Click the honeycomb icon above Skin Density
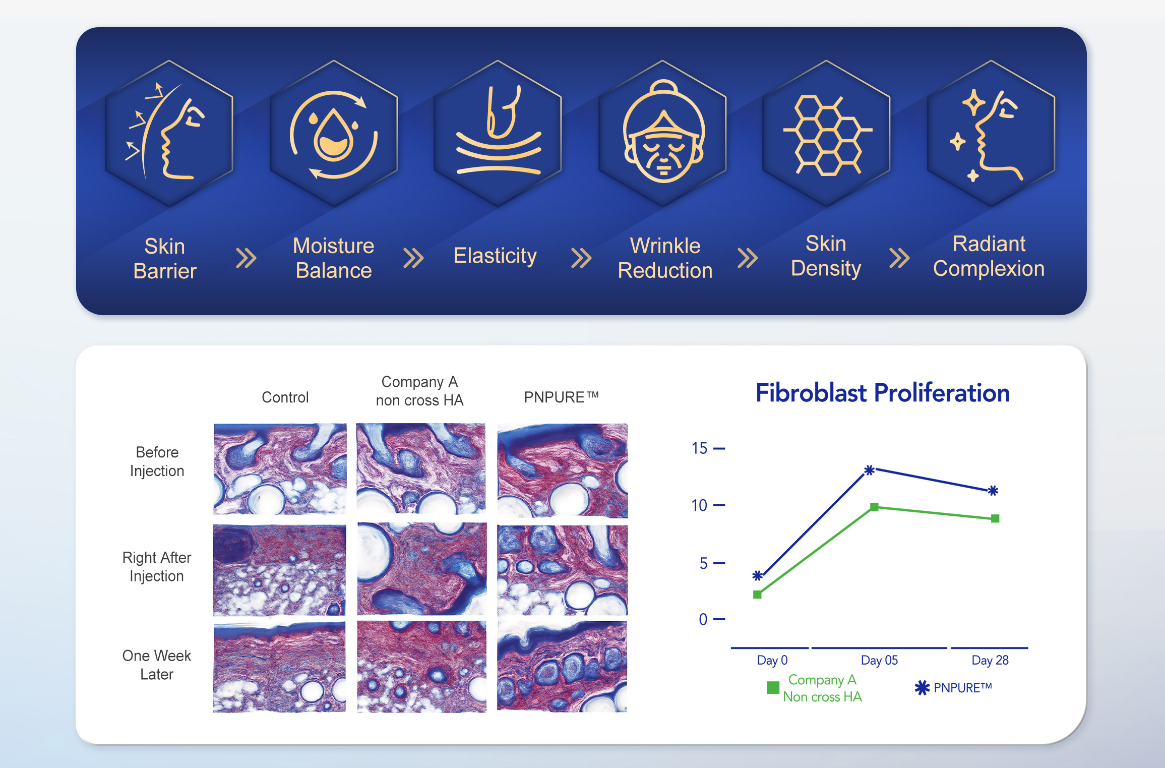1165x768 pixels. pyautogui.click(x=827, y=135)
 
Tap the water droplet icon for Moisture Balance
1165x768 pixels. pyautogui.click(x=333, y=135)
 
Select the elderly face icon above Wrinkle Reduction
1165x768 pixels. pyautogui.click(x=663, y=131)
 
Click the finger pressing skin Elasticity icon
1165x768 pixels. pyautogui.click(x=498, y=130)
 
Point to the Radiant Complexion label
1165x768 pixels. pyautogui.click(x=989, y=256)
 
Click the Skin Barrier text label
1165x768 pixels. pyautogui.click(x=165, y=259)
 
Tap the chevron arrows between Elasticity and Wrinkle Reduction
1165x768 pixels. pyautogui.click(x=581, y=258)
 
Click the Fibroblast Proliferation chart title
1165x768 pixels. pyautogui.click(x=883, y=393)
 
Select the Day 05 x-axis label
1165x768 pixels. pyautogui.click(x=879, y=660)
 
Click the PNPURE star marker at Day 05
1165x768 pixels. pyautogui.click(x=870, y=470)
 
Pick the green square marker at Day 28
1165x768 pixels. pyautogui.click(x=995, y=518)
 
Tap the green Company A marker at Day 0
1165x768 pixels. pyautogui.click(x=757, y=595)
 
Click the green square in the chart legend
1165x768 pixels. pyautogui.click(x=773, y=688)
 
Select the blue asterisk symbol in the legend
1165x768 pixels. pyautogui.click(x=922, y=688)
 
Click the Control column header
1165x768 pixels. pyautogui.click(x=285, y=397)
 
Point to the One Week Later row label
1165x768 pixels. pyautogui.click(x=157, y=665)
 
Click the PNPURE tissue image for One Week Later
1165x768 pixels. pyautogui.click(x=562, y=667)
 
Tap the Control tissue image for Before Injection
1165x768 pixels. pyautogui.click(x=280, y=468)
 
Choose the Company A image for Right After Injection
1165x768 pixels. pyautogui.click(x=422, y=569)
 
